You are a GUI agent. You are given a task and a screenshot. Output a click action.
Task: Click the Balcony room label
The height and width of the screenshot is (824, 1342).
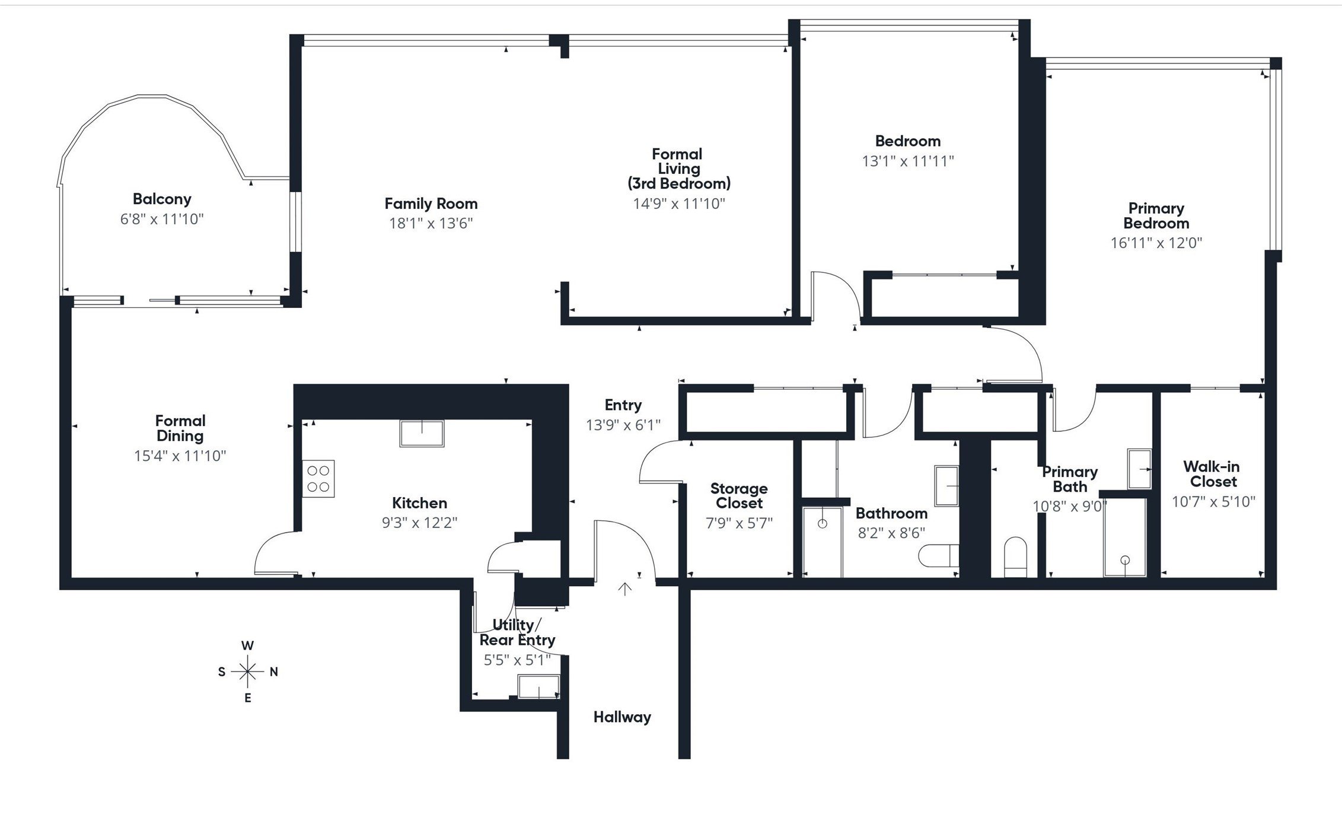point(162,199)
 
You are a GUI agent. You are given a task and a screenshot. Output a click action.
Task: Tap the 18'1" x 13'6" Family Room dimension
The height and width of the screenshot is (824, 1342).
point(431,224)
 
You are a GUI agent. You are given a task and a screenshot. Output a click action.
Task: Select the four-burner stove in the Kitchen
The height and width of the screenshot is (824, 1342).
point(318,479)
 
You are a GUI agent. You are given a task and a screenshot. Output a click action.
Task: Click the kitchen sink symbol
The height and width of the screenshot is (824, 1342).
point(422,433)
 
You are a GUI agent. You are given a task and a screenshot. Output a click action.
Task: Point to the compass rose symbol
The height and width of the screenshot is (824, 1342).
point(247,672)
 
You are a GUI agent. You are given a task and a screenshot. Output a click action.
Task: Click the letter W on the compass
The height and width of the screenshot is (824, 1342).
point(247,645)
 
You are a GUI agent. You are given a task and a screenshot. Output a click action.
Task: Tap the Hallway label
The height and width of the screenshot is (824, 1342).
point(622,717)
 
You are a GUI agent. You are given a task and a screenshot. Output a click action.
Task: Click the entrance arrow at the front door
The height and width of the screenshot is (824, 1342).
point(624,588)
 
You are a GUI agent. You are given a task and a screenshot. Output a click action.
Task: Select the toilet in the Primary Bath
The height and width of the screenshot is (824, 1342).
point(1015,556)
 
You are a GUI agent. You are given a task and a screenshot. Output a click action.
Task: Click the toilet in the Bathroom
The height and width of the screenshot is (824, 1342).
point(939,556)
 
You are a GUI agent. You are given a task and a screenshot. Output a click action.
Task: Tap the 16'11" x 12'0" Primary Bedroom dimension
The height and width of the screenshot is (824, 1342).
point(1156,243)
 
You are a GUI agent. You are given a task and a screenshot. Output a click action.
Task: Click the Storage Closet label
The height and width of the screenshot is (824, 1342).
point(739,496)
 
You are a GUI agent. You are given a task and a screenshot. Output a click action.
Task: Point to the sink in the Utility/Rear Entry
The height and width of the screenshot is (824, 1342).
point(538,687)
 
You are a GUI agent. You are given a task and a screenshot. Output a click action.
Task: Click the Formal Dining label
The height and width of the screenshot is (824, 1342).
point(180,428)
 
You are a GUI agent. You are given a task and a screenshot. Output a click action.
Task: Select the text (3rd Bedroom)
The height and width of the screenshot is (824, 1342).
point(679,183)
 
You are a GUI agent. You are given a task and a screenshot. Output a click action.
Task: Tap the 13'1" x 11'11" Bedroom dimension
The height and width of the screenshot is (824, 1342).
point(907,161)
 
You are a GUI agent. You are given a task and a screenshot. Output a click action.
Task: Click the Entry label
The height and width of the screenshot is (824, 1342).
point(623,405)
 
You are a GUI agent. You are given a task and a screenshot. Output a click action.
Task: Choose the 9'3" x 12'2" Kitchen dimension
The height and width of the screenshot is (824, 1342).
point(419,523)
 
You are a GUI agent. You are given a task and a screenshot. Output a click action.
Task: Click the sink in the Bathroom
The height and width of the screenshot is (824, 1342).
point(946,485)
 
